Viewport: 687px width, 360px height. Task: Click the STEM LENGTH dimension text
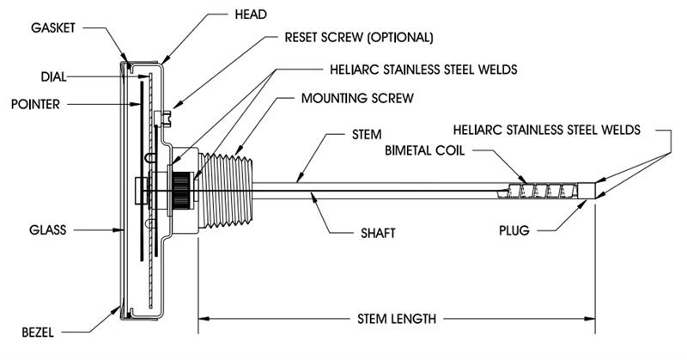pyautogui.click(x=396, y=319)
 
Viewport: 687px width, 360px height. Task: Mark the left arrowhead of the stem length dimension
pyautogui.click(x=204, y=319)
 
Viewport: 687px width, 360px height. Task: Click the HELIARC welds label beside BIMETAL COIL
pyautogui.click(x=547, y=130)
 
